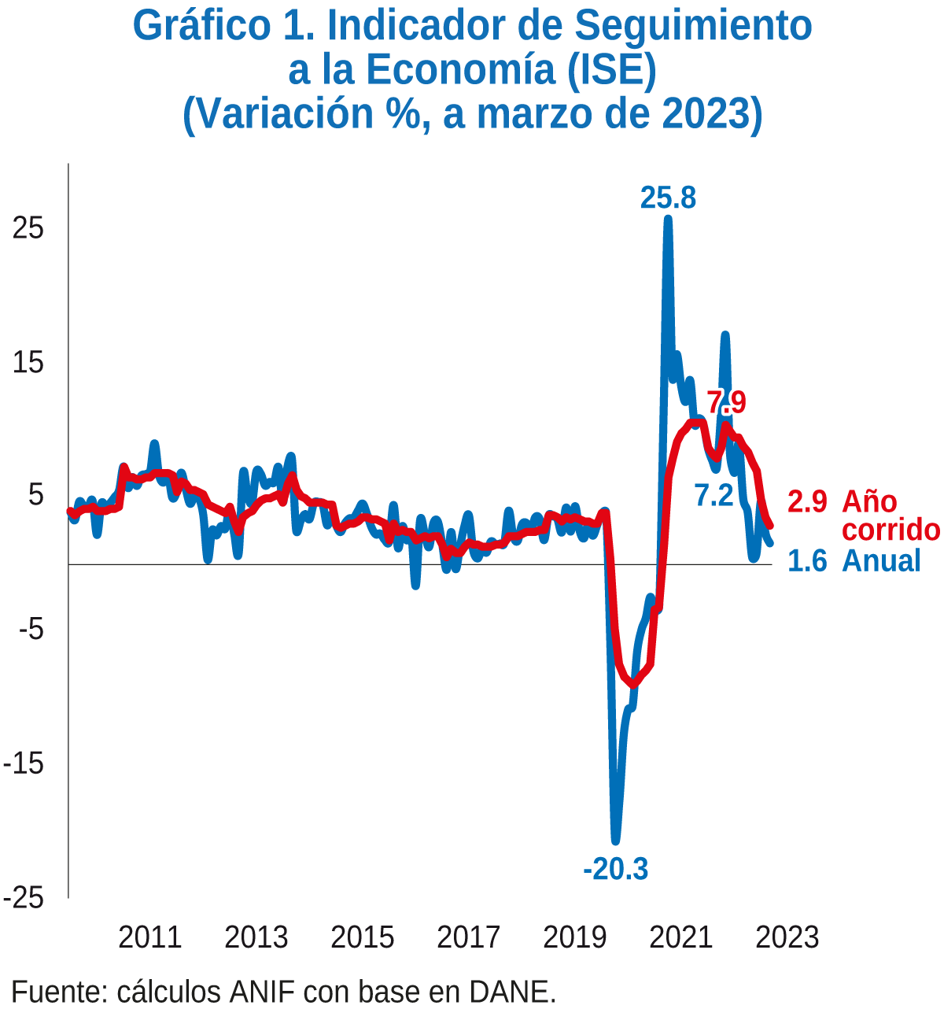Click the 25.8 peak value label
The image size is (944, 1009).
coord(667,198)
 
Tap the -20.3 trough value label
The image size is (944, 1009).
coord(615,869)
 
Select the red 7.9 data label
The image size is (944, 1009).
coord(727,403)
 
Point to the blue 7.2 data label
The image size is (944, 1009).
coord(714,495)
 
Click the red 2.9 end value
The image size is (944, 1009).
coord(807,502)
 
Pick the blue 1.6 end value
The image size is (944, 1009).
coord(807,561)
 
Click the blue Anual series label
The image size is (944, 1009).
coord(881,561)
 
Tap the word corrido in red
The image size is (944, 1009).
coord(891,530)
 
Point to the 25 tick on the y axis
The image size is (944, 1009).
coord(28,229)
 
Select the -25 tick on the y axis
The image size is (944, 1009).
coord(24,899)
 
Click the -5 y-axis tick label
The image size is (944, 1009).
coord(31,630)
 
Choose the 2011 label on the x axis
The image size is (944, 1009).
coord(149,938)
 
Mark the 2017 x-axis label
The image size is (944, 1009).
coord(468,938)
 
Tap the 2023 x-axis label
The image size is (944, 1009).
coord(787,938)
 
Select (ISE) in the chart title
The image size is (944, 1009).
coord(612,71)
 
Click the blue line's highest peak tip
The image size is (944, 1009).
coord(668,219)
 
